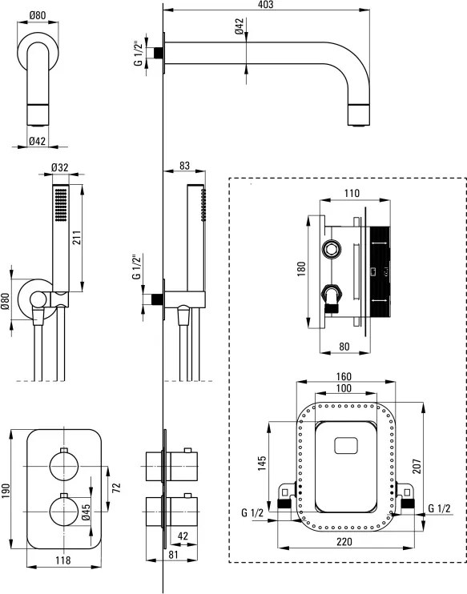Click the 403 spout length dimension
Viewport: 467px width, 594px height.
point(265,5)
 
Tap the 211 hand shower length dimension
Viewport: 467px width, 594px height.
point(77,238)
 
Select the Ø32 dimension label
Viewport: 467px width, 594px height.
point(59,167)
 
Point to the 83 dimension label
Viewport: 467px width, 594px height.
point(184,166)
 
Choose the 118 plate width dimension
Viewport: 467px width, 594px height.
point(63,560)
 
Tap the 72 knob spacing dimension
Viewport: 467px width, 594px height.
point(116,488)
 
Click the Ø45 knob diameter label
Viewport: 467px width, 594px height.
point(86,512)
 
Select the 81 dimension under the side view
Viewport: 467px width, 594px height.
point(173,554)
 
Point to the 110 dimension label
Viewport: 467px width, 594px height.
point(352,193)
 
